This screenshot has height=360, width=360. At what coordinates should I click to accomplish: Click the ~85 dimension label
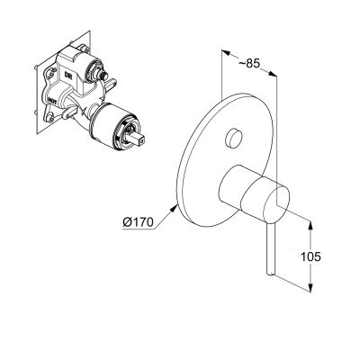(252, 65)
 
